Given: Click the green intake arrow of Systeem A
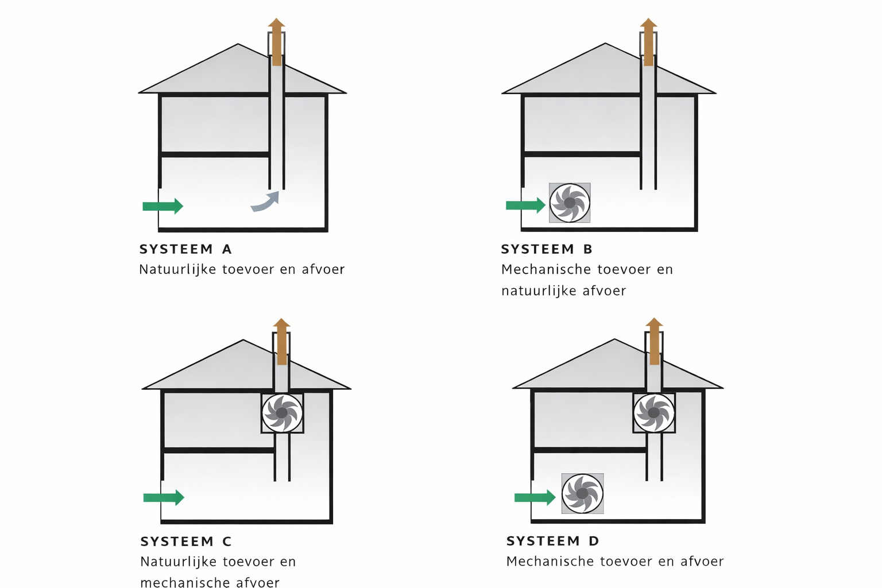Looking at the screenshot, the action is (163, 206).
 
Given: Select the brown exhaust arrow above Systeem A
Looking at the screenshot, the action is (276, 42).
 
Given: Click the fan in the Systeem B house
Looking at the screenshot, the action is (570, 203).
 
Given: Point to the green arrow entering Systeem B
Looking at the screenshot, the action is (525, 205).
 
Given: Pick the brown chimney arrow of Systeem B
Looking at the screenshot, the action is (648, 42).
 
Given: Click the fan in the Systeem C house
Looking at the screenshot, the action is (282, 413).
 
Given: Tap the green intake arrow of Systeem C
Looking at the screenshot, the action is (164, 497).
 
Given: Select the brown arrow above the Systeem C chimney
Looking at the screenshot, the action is (281, 342).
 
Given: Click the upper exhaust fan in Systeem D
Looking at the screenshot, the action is (653, 413).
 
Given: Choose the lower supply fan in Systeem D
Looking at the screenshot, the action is (582, 493).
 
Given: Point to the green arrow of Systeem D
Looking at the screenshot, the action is (535, 497).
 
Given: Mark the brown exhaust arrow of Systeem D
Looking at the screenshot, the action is (654, 341).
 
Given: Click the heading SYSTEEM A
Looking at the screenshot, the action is (185, 249).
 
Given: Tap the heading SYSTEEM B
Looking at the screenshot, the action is (547, 249).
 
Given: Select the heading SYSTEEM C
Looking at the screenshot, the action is (186, 541).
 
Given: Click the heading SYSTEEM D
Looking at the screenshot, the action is (553, 541).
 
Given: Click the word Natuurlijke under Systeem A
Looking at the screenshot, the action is (177, 270).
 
